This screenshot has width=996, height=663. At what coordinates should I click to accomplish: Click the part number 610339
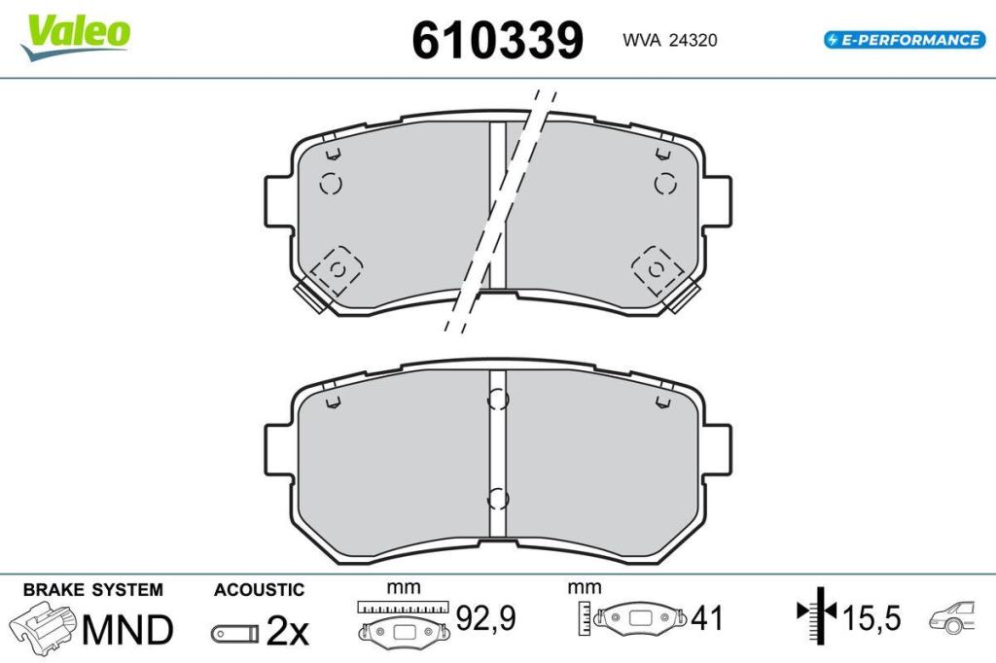497,40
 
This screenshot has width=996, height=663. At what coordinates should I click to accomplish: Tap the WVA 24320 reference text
669,40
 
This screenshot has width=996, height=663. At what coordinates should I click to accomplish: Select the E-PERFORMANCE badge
905,40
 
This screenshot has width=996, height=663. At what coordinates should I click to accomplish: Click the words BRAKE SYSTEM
92,590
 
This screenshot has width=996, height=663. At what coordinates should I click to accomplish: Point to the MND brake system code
127,629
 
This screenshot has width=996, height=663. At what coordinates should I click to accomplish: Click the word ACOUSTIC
259,590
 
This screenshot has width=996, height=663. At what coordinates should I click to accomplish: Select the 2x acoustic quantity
287,631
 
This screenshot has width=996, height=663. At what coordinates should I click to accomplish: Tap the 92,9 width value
486,618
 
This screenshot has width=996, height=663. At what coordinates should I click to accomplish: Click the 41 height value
707,618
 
